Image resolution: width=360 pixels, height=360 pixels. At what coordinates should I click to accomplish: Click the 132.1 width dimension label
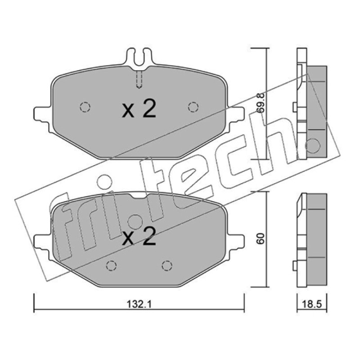coord(139,305)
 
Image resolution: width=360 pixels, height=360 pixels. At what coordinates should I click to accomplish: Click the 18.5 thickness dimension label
coord(312,305)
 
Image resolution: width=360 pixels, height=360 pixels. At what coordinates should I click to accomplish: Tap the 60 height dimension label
coord(261,239)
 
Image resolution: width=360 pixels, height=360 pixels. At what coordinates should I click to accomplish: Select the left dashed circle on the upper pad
coord(85,107)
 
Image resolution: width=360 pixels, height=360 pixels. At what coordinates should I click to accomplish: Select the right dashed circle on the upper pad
coord(193,107)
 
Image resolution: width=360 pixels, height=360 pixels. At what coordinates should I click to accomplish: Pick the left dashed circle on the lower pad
coord(111,266)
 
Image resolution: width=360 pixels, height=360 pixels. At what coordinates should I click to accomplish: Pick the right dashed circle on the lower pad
coord(167,266)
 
